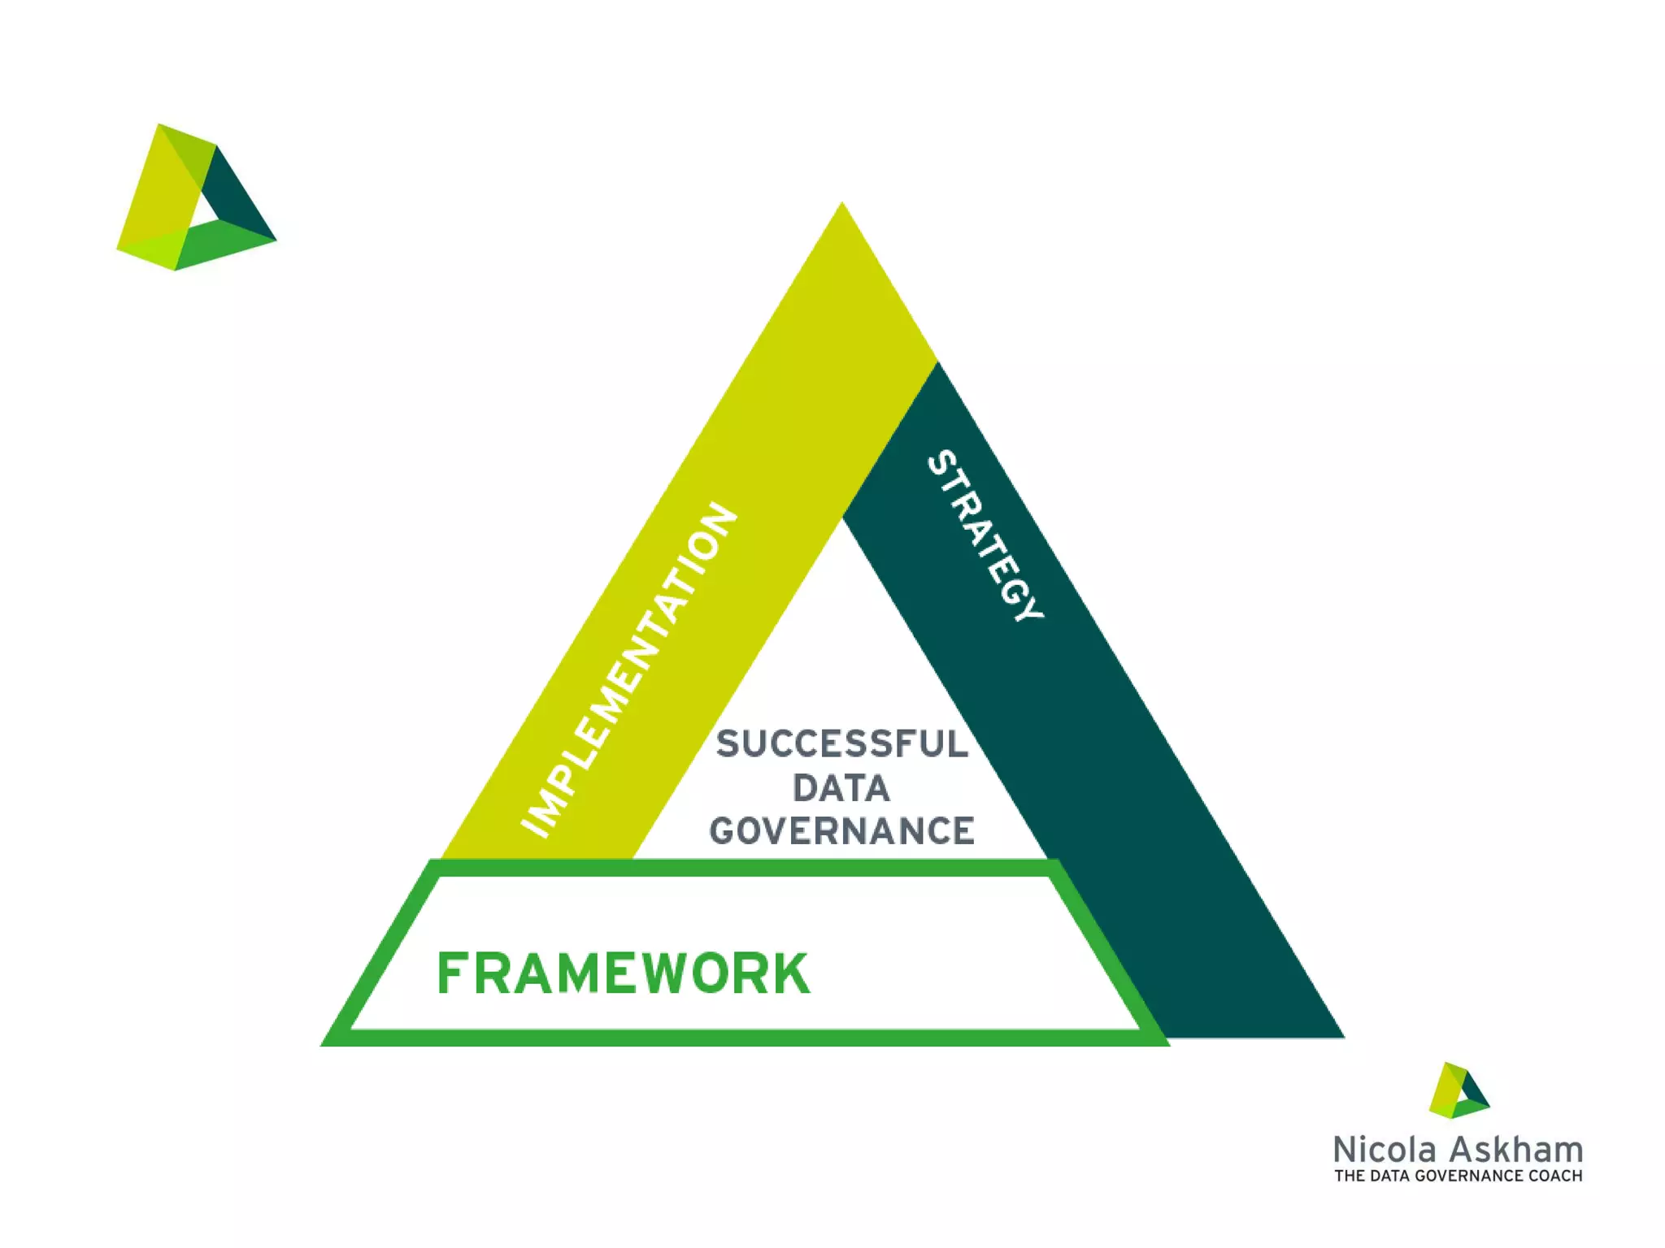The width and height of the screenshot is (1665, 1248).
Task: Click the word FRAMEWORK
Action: [x=624, y=973]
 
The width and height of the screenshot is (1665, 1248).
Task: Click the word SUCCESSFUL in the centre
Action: [x=842, y=744]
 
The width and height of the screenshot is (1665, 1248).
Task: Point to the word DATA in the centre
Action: [x=841, y=788]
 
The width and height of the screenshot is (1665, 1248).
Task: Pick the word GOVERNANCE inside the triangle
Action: [x=842, y=831]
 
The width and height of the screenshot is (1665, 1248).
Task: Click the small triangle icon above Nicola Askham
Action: [x=1459, y=1090]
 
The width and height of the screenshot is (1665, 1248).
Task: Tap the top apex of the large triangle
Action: [x=842, y=206]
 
